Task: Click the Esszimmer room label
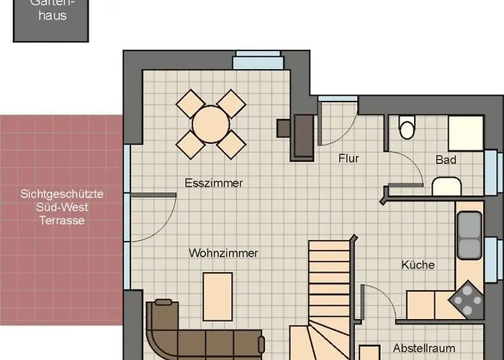point(214,183)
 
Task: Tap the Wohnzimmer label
point(223,253)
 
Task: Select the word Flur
point(348,158)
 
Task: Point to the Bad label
point(446,159)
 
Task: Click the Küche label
point(418,264)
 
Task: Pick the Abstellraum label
point(424,348)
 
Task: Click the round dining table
point(211,125)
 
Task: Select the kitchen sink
point(469,235)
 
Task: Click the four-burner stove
point(467,300)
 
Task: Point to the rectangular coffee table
point(217,297)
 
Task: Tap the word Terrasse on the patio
point(62,220)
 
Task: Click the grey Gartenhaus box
point(51,21)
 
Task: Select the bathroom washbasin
point(446,186)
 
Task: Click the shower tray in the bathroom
point(466,133)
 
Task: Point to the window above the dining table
point(258,60)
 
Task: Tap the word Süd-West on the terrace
point(62,207)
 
